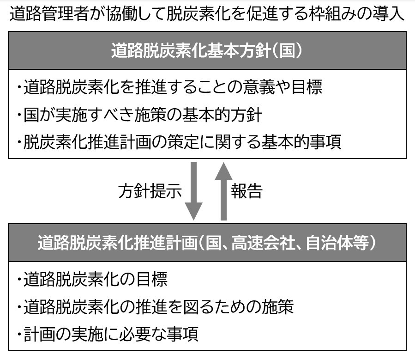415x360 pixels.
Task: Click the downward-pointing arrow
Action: coord(194,191)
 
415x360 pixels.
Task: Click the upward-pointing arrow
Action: coord(223,191)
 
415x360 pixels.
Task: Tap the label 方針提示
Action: coord(150,191)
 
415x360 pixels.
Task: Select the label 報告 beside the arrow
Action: coord(247,191)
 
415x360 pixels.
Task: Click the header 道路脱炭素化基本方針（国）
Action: coord(207,50)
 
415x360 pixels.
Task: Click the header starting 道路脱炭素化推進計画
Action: coord(207,242)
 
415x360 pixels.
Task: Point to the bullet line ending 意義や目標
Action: coord(170,87)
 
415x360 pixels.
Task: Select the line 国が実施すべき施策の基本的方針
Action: coord(140,115)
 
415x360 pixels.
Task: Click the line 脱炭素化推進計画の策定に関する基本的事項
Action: coord(179,142)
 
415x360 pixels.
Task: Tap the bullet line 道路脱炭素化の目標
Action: coord(92,279)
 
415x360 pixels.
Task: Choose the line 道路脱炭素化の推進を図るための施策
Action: coord(156,307)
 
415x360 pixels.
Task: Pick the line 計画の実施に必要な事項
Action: coord(108,334)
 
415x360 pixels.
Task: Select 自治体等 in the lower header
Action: coord(337,242)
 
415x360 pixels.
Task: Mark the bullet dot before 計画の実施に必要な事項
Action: coord(19,334)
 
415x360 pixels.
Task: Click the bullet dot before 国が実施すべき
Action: coord(19,115)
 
